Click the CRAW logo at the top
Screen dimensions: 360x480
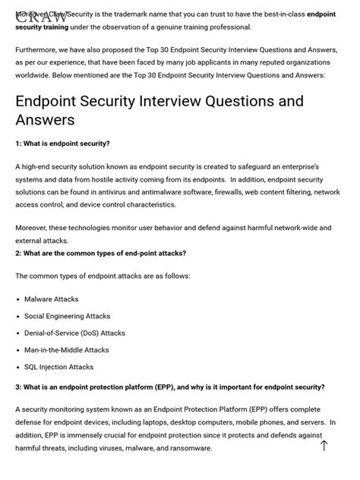coord(46,16)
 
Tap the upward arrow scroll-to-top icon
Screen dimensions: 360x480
coord(324,446)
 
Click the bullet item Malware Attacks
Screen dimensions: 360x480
coord(51,299)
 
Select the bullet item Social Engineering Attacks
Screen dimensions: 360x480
coord(67,316)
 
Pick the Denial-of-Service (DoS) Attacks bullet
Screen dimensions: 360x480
coord(74,333)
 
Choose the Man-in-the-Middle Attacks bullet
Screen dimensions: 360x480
coord(66,350)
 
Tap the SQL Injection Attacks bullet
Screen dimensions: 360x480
coord(58,367)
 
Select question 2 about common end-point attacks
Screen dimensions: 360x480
coord(100,254)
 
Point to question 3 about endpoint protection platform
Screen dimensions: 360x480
coord(170,387)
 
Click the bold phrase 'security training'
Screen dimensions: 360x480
coord(42,27)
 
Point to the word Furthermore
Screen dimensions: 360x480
coord(36,49)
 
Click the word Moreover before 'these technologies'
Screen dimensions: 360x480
coord(31,227)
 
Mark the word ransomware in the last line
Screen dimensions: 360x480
coord(191,448)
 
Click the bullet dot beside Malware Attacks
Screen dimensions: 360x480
coord(17,299)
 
